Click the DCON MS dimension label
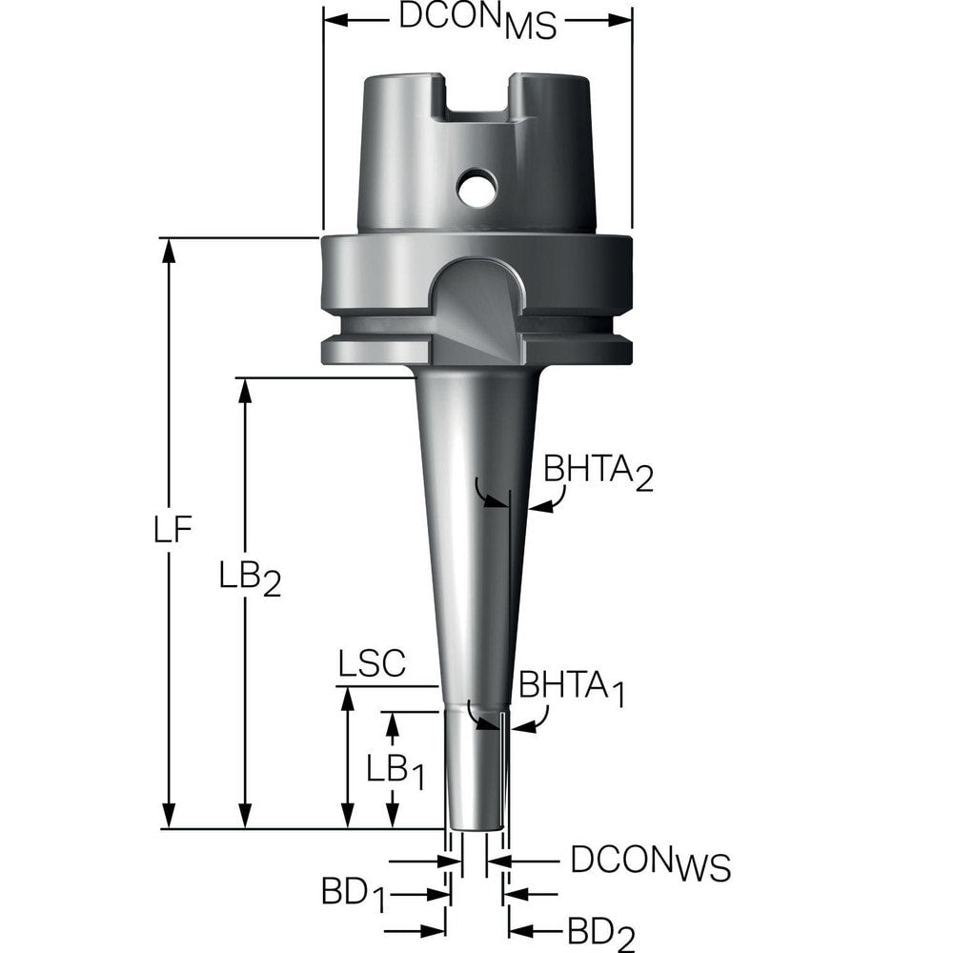click(x=476, y=22)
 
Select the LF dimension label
click(x=174, y=529)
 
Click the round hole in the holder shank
click(x=476, y=187)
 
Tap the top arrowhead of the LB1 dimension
click(x=390, y=722)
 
